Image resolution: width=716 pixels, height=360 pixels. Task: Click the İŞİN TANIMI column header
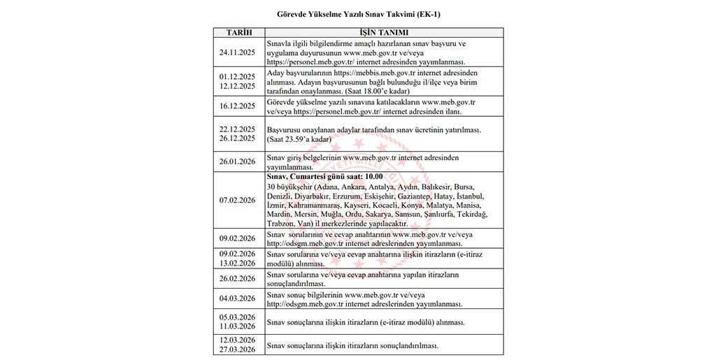[x=384, y=33]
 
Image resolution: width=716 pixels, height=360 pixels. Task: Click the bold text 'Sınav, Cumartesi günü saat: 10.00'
[x=320, y=177]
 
